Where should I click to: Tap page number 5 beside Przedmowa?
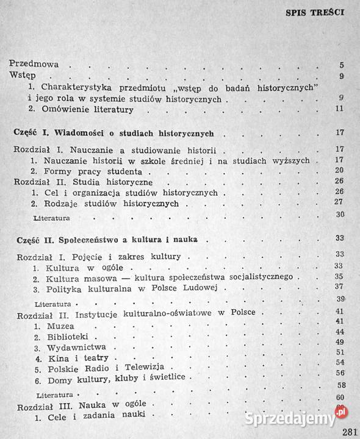pos(341,65)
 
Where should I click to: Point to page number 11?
pos(340,109)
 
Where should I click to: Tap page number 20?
pos(340,170)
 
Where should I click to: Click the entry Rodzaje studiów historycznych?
pos(106,203)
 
